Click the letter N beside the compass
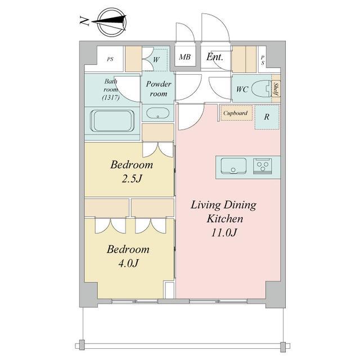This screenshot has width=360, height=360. point(84,21)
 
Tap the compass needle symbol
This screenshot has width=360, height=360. point(109,22)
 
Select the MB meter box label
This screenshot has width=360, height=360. point(185,57)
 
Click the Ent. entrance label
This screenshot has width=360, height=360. point(215,57)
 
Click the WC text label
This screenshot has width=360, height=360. point(242,89)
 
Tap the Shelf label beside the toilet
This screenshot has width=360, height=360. point(276,89)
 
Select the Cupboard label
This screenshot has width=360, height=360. point(235,113)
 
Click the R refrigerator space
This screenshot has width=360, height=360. point(267,117)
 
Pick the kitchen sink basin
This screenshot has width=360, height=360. point(233,166)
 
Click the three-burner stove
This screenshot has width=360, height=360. point(263,166)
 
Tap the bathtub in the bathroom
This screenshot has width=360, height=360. point(112,121)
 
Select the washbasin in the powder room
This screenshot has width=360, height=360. point(157,113)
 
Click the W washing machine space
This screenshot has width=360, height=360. point(156,60)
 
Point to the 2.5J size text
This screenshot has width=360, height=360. point(132,179)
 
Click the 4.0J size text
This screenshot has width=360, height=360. point(128,263)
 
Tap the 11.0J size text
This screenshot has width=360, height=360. point(224,233)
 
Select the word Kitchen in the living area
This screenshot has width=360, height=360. point(225,219)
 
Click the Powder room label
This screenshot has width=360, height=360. point(159,89)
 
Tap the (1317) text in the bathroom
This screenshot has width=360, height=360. point(111,97)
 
